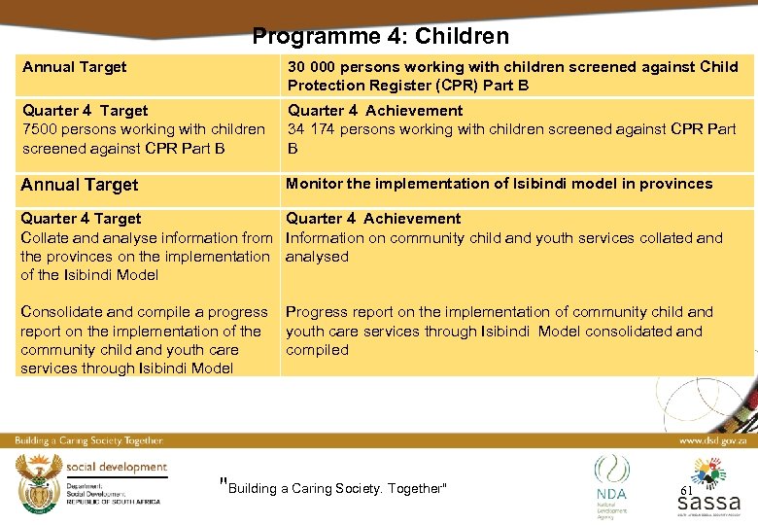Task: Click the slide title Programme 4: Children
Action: tap(380, 37)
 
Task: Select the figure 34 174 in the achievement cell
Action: tap(314, 129)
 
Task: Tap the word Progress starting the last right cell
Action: tap(317, 312)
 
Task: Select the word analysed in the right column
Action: tap(317, 257)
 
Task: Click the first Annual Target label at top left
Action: tap(75, 67)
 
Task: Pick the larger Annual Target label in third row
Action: tap(80, 185)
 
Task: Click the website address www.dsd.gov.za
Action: tap(713, 440)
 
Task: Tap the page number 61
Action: tap(686, 491)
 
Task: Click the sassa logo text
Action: tap(708, 503)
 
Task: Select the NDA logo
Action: tap(611, 482)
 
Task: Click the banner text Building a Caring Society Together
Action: tap(88, 440)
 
